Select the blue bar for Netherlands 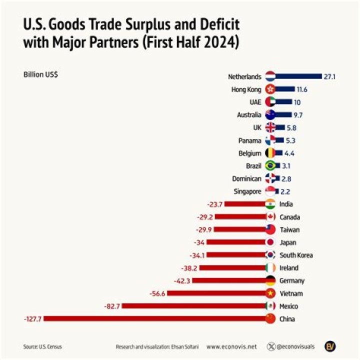click(299, 76)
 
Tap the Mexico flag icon click(270, 306)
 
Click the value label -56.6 click(157, 293)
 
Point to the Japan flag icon click(270, 242)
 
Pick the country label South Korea click(296, 255)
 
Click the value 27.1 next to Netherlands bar click(329, 76)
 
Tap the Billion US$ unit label click(40, 74)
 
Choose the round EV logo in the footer click(330, 346)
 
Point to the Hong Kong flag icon click(270, 89)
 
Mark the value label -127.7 click(32, 318)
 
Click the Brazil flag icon click(270, 165)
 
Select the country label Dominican click(246, 178)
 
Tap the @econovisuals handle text click(296, 346)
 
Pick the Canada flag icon click(270, 216)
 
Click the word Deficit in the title click(215, 24)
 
